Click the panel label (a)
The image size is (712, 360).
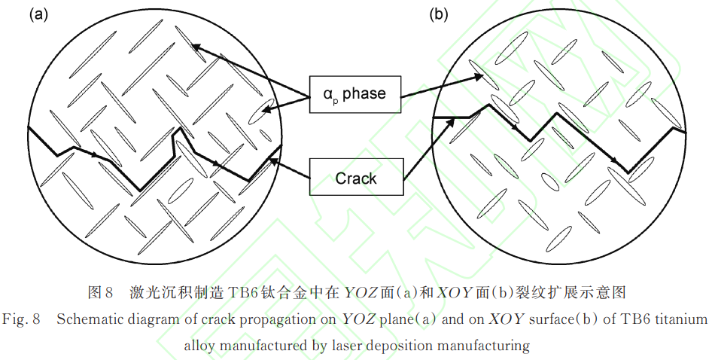click(38, 14)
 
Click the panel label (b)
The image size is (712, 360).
click(440, 14)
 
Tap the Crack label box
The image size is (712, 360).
click(355, 178)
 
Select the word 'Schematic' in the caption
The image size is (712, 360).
click(86, 319)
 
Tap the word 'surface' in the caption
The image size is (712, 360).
click(555, 319)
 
